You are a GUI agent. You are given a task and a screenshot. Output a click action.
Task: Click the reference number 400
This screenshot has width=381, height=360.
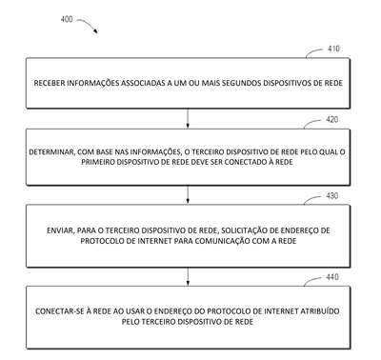click(x=67, y=19)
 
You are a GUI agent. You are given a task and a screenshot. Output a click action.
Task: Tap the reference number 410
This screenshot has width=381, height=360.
click(x=333, y=49)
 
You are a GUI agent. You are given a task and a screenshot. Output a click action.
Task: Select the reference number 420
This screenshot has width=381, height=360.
click(x=332, y=120)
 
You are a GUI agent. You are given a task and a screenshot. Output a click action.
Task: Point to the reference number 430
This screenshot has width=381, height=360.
click(x=332, y=196)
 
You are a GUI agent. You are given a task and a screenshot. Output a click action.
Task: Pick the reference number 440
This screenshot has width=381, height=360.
click(x=332, y=277)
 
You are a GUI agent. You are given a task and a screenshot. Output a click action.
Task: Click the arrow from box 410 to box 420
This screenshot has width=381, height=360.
click(x=188, y=118)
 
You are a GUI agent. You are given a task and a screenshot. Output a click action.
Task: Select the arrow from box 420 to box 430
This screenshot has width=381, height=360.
click(x=188, y=194)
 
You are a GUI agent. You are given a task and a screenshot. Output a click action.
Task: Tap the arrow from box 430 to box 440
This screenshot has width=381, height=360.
click(x=188, y=276)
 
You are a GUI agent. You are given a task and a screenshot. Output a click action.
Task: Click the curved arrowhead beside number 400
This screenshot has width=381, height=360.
click(x=95, y=31)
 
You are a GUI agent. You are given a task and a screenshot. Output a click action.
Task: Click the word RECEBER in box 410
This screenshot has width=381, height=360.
click(x=50, y=83)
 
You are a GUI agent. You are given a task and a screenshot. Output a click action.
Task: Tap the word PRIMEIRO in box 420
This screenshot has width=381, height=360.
click(x=98, y=162)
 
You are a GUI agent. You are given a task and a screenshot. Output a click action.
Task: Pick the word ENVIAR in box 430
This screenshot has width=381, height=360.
click(x=60, y=230)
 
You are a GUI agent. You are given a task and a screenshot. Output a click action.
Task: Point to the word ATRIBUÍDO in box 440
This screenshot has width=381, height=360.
click(x=319, y=311)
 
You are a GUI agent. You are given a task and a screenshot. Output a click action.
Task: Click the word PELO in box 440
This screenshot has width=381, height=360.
click(x=130, y=322)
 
